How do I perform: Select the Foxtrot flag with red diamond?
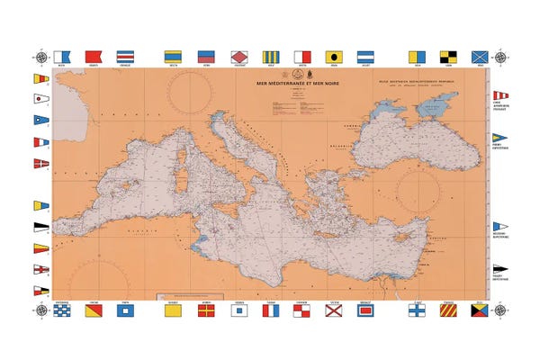click(x=238, y=56)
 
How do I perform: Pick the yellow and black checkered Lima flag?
click(x=448, y=56)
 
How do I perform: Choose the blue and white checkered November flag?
click(x=61, y=310)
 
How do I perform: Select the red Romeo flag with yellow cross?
click(x=206, y=310)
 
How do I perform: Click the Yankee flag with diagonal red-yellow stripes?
click(x=448, y=310)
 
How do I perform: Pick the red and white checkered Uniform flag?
click(x=303, y=310)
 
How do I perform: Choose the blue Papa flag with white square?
click(x=125, y=310)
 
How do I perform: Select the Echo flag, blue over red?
click(x=206, y=56)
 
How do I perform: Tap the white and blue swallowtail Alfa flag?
click(x=61, y=56)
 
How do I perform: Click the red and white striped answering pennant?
click(x=499, y=94)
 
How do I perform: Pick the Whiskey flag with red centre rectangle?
click(x=367, y=310)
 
